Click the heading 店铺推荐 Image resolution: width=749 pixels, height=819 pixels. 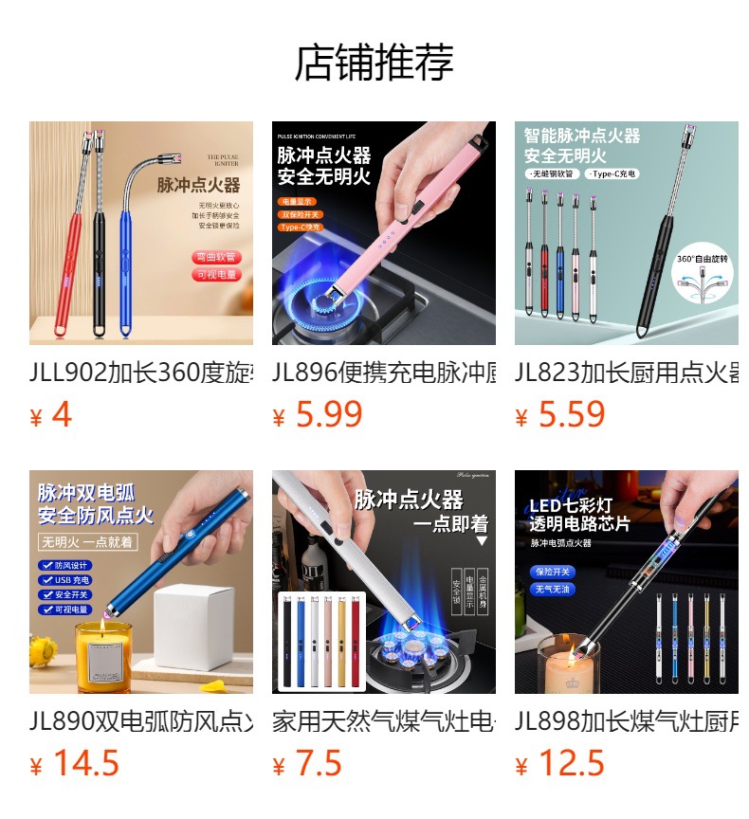pos(374,63)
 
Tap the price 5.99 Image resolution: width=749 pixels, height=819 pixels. pos(328,414)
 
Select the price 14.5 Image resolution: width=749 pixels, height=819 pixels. pos(85,763)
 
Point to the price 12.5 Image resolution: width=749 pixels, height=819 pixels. pos(571,763)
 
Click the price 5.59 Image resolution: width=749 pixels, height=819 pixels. pos(571,414)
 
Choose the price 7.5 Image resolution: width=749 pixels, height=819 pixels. pos(318,763)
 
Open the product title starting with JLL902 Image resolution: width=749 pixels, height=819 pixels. pos(141,372)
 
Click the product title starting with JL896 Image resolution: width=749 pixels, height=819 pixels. pos(384,372)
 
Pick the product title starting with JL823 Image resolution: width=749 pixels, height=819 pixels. pos(627,372)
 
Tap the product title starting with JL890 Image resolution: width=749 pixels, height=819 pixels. pos(141,720)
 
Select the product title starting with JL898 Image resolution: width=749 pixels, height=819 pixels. pos(627,720)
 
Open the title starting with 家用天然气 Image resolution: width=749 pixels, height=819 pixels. pos(384,720)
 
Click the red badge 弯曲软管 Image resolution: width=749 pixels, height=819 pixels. pos(217,257)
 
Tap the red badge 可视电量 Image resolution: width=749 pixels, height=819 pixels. pos(217,275)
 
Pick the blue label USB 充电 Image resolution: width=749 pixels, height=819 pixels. pos(65,580)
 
